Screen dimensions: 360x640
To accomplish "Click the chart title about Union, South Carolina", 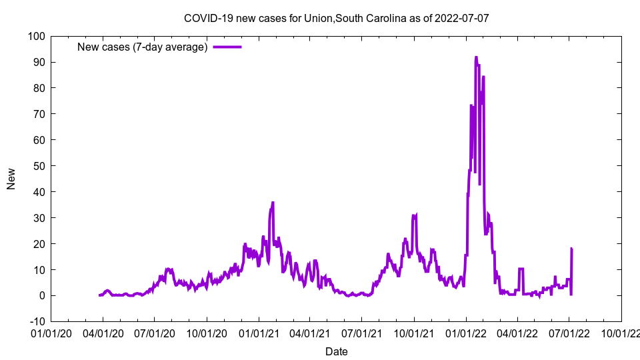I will (x=337, y=18).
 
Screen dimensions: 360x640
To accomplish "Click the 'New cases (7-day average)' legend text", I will (x=143, y=47).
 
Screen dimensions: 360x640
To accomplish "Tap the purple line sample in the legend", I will (x=227, y=47).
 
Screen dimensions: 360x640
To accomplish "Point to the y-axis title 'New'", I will (x=11, y=179).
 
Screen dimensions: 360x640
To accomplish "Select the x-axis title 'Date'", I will (x=337, y=351).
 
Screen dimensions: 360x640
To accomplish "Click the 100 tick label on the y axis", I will (x=37, y=36).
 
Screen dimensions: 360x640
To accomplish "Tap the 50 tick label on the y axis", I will (x=39, y=166).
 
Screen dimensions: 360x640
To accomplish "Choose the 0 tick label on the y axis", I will (x=42, y=295).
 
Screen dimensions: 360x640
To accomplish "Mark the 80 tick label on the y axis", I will (x=39, y=88).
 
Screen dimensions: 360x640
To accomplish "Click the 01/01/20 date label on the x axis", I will (x=51, y=333).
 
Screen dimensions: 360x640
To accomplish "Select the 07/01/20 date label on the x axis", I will (x=155, y=333).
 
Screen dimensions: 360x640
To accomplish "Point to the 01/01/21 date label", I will (x=259, y=333).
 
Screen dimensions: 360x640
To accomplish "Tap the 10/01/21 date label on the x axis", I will (x=414, y=333).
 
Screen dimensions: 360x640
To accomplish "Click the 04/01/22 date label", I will (x=517, y=333).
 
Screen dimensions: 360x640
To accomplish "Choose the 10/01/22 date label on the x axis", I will (x=621, y=333).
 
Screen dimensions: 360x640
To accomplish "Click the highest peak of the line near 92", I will (x=476, y=58).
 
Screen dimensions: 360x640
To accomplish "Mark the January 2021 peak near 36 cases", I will (x=273, y=203).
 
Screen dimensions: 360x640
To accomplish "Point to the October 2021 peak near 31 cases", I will (x=415, y=215).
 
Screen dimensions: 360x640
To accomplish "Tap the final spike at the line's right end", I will (x=571, y=249).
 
